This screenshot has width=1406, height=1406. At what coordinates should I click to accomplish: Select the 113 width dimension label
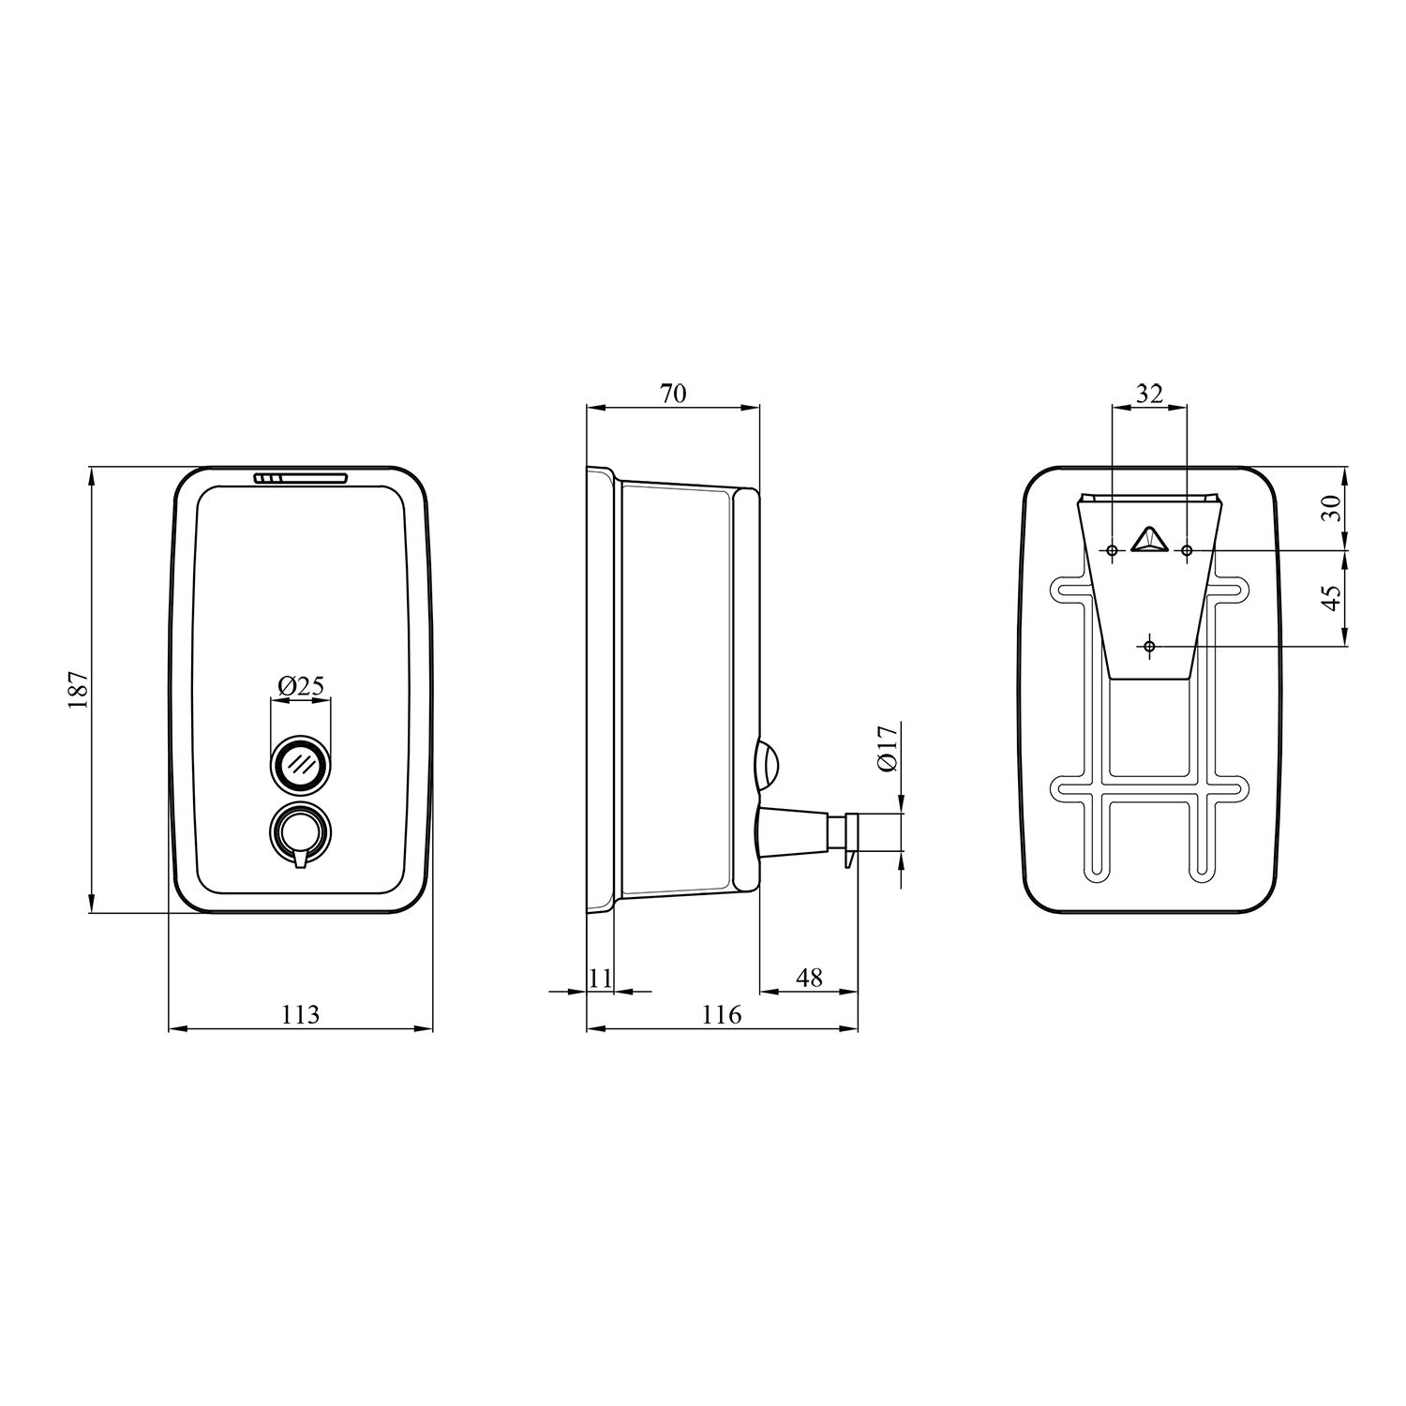(300, 1014)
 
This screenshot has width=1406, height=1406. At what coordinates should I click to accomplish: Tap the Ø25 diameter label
(301, 686)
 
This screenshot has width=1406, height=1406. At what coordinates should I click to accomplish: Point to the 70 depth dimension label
(673, 394)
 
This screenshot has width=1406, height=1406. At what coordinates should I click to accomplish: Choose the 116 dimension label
(722, 1014)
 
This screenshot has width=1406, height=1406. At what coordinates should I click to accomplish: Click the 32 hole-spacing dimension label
(1148, 394)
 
